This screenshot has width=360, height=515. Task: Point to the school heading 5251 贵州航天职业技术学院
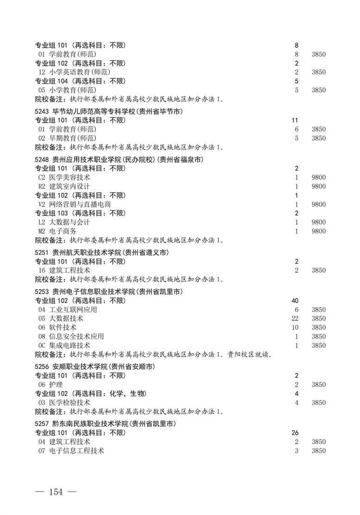coord(101,252)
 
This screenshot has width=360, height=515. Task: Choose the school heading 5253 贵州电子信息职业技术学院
coord(108,292)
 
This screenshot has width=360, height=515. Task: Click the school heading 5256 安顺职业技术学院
coord(95,367)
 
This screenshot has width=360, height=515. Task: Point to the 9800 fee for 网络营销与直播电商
coord(318,204)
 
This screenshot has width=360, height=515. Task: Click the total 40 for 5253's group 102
coord(295,301)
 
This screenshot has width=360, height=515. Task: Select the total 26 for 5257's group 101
coord(295,433)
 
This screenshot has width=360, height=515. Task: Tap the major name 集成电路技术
coord(69,345)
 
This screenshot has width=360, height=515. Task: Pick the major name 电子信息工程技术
coord(76,451)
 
